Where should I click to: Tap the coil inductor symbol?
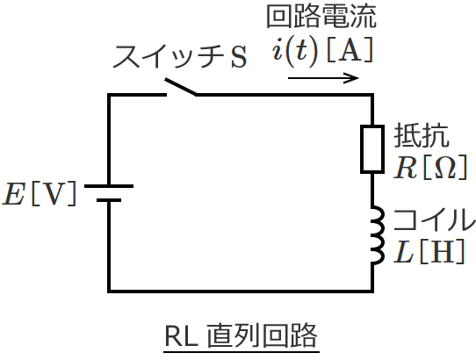point(375,235)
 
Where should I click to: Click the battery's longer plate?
point(110,186)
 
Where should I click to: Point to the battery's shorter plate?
point(110,200)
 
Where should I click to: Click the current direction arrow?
point(323,77)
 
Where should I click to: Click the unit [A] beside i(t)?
point(352,50)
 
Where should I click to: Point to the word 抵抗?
point(422,136)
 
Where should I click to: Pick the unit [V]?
point(54,195)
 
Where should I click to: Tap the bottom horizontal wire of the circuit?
point(242,290)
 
